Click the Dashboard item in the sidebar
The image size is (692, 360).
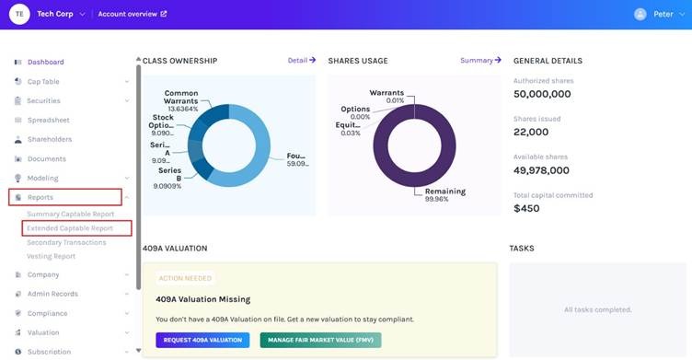45,62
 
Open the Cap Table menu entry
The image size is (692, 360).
42,81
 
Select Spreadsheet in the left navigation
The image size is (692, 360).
48,120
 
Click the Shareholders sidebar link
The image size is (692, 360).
49,139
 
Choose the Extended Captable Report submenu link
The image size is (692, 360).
70,227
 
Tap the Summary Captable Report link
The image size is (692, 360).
71,214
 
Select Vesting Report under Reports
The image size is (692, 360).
52,256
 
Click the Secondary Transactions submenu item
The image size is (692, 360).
66,242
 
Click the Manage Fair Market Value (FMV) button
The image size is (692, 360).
320,340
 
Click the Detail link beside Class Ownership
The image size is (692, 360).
301,60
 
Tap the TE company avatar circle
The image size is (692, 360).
19,14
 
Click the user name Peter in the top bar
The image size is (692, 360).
663,14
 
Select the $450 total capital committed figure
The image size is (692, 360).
527,208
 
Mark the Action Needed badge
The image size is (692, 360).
185,278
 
